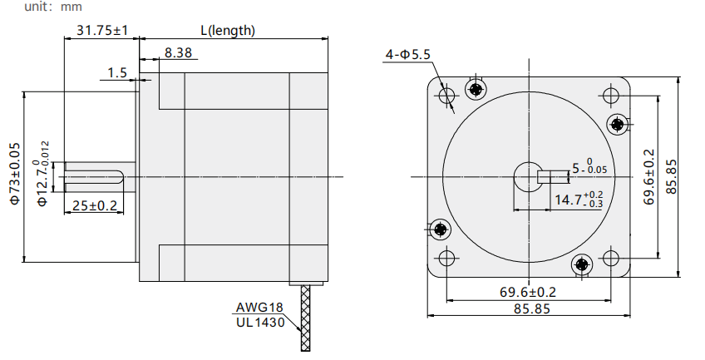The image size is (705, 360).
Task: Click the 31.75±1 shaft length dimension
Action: pos(102,31)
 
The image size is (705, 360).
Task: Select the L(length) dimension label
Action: pos(228,31)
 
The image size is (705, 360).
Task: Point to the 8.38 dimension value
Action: pos(178,52)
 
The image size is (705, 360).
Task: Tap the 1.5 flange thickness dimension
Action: pos(117,73)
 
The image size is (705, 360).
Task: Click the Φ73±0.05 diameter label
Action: pos(15,174)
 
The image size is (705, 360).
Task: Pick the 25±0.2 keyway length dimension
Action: pos(95,205)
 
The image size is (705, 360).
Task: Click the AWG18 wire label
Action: pos(260,308)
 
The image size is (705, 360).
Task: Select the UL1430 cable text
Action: pos(260,323)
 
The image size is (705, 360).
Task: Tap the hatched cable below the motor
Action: pos(305,318)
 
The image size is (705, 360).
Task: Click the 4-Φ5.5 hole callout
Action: pos(408,54)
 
